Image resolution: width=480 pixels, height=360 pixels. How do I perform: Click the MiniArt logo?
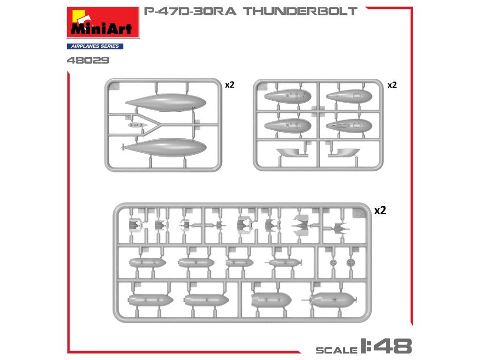coord(103,22)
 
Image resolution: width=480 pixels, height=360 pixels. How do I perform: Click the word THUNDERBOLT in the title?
coord(300,11)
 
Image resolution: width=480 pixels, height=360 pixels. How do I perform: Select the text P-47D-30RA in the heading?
coord(190,11)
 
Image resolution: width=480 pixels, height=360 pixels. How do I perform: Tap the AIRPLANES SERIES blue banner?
coord(95,46)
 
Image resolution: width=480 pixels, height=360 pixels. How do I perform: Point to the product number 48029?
coord(88,60)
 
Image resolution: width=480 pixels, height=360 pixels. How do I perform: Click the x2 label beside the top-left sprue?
coord(230,85)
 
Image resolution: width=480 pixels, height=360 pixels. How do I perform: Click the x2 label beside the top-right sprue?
coord(392,85)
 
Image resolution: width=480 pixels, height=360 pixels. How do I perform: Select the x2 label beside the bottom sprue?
coord(380,210)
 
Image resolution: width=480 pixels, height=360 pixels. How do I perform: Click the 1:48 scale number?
coord(386,346)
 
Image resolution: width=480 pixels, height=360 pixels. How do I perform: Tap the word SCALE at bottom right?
coord(337,350)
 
